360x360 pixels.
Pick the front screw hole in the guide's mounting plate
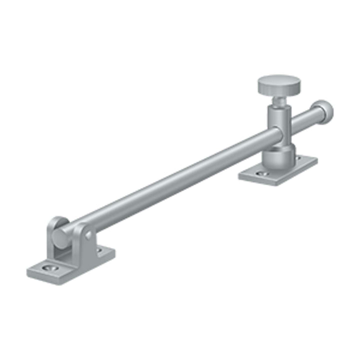260,174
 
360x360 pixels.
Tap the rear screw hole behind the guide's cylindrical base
298,158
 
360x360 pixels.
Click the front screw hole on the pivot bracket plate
49,268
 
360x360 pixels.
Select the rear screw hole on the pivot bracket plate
98,250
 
